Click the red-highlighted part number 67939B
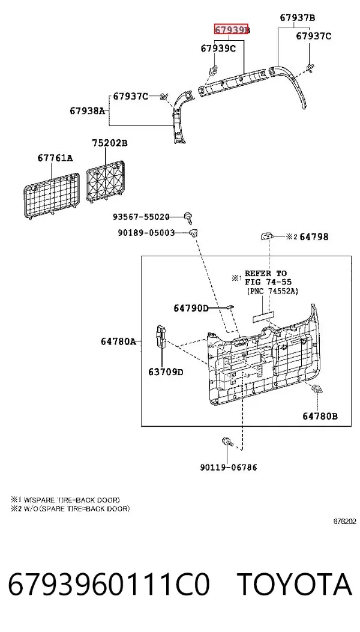tap(232, 29)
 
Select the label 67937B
tap(298, 17)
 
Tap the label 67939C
tap(218, 49)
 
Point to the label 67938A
tap(88, 110)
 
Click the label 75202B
tap(110, 143)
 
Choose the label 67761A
tap(55, 158)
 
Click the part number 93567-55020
tap(141, 217)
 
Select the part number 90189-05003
tap(146, 232)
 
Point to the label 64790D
tap(191, 308)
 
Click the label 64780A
tap(118, 342)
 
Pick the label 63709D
tap(166, 372)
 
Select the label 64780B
tap(320, 416)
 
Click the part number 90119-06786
tap(229, 467)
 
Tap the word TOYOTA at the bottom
tap(294, 585)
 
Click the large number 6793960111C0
tap(109, 585)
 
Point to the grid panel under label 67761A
tap(51, 193)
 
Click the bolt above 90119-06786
tap(227, 441)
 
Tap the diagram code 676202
tap(344, 521)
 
